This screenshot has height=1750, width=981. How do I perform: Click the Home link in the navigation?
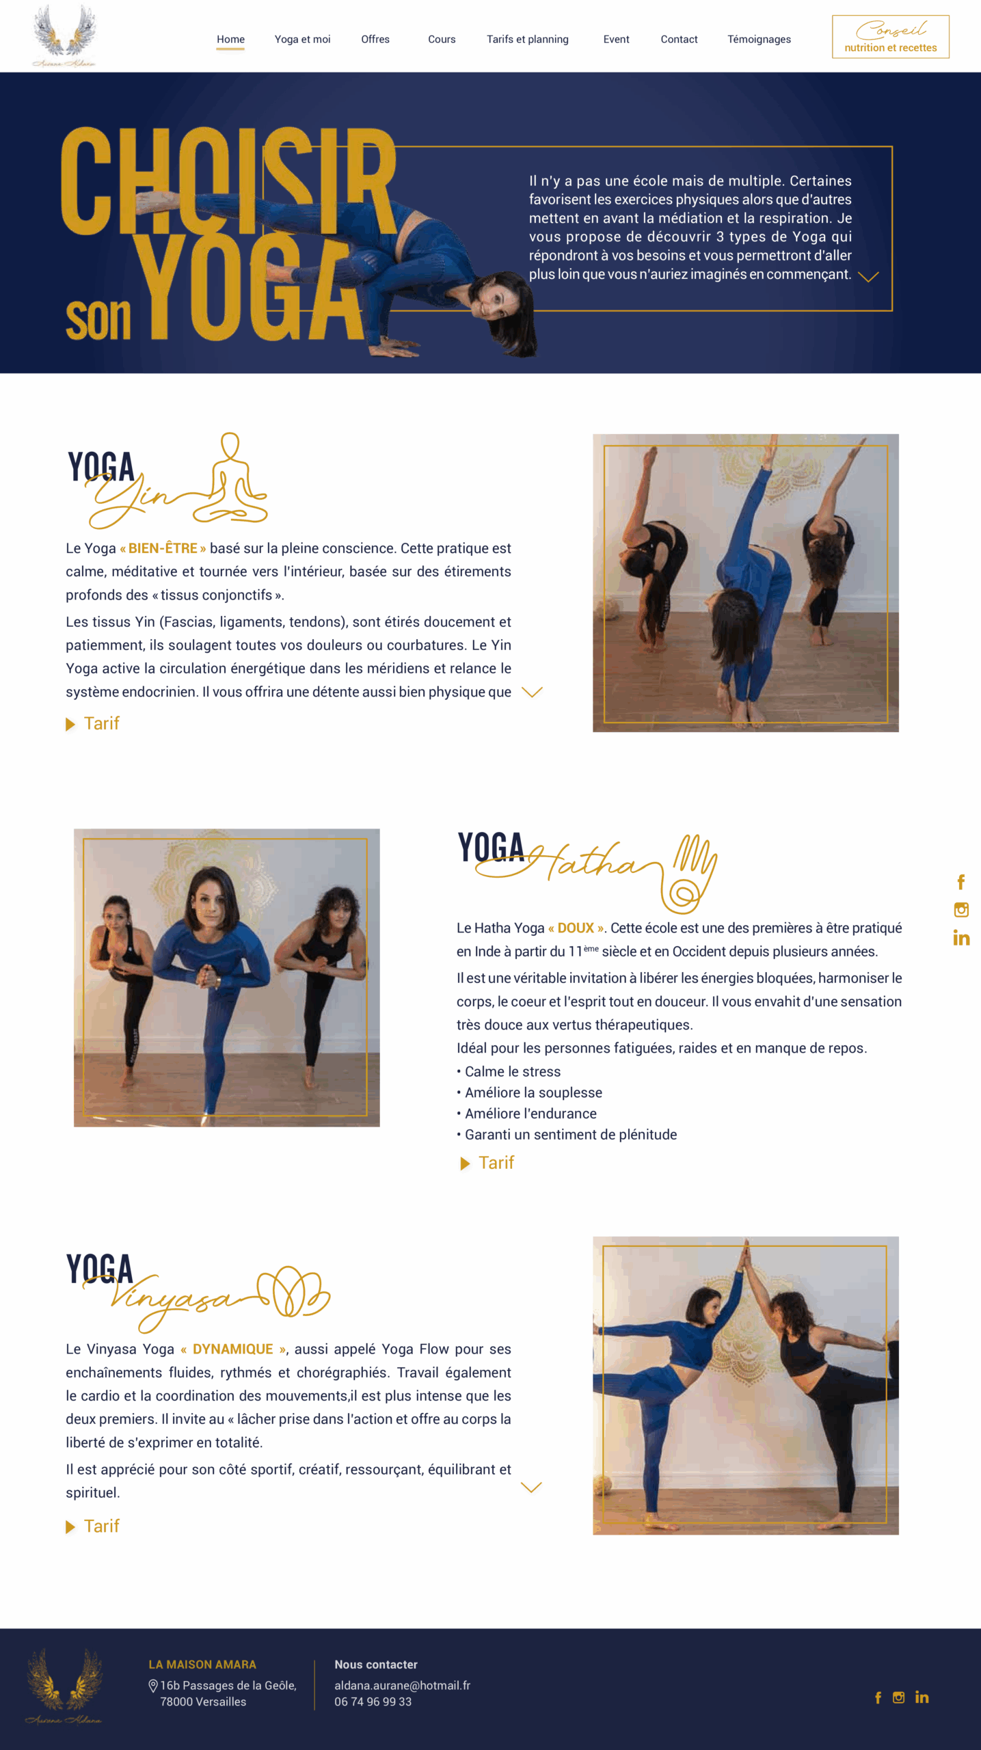click(x=230, y=40)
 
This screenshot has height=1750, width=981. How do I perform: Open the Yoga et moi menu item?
click(x=302, y=40)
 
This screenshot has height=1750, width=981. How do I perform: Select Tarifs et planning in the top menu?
click(x=527, y=40)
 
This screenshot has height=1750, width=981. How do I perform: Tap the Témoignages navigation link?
click(x=759, y=40)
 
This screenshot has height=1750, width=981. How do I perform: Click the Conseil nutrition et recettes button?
click(x=890, y=37)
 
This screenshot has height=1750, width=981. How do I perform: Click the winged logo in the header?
click(x=65, y=35)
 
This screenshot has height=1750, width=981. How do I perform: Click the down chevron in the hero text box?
click(x=868, y=276)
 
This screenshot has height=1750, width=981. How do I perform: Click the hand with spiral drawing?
click(x=689, y=874)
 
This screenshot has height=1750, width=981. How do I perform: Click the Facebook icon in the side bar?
click(x=961, y=882)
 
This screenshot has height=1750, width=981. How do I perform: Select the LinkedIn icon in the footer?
click(x=922, y=1697)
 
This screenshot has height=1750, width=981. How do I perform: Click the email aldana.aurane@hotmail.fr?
click(x=403, y=1685)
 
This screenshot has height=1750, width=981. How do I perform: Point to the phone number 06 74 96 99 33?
click(x=373, y=1701)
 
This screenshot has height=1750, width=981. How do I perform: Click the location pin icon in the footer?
click(x=153, y=1686)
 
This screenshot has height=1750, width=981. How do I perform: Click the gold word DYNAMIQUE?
click(x=233, y=1349)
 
